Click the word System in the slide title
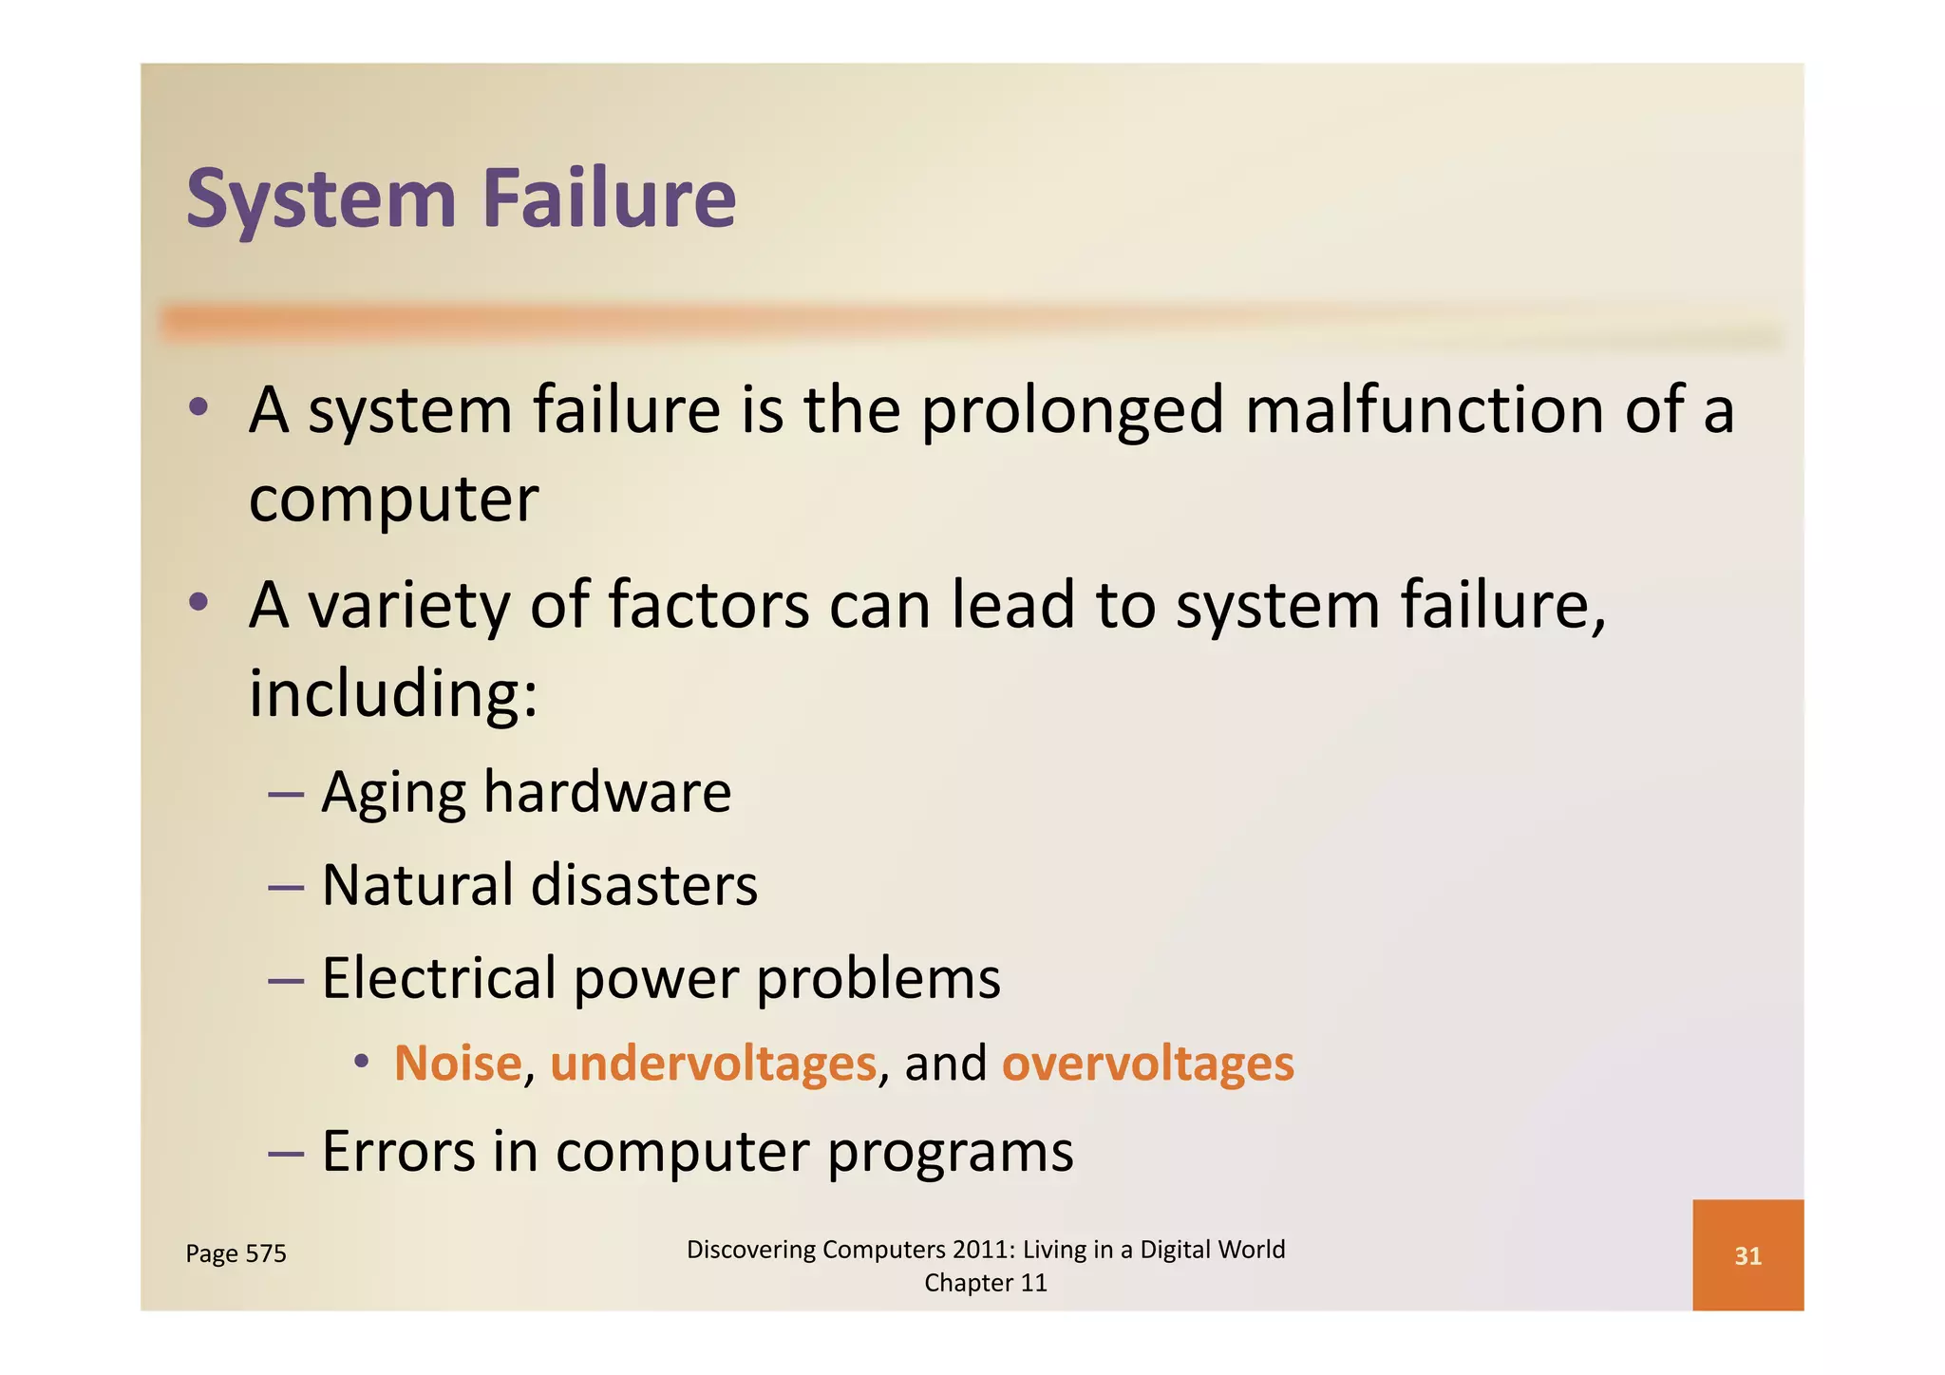(x=321, y=199)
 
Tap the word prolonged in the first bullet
(x=1072, y=411)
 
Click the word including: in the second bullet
(x=393, y=693)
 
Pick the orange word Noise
(x=458, y=1063)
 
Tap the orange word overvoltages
(x=1147, y=1063)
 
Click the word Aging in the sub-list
(x=393, y=794)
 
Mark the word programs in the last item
(x=951, y=1153)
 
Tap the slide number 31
(x=1747, y=1256)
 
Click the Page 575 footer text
(x=236, y=1253)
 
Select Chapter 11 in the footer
(x=985, y=1283)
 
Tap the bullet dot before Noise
(x=361, y=1062)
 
